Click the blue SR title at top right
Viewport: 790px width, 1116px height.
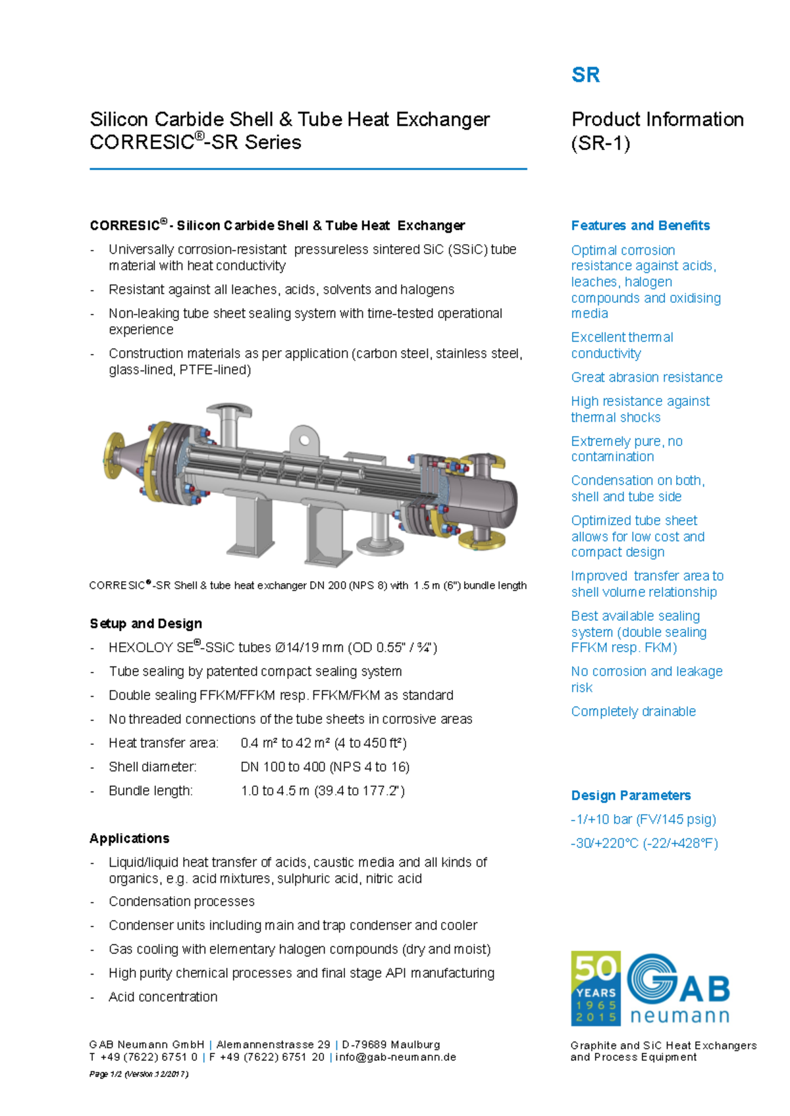585,75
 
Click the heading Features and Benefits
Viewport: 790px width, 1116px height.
640,226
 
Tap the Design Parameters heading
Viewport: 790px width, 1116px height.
631,796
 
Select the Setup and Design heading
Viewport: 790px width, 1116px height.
145,624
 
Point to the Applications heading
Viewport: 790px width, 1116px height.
130,838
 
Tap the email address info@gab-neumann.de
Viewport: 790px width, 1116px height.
396,1057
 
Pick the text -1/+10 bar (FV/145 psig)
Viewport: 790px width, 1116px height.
643,819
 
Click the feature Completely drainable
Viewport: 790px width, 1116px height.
633,711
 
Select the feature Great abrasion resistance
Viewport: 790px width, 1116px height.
646,377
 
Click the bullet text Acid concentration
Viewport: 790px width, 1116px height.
163,997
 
